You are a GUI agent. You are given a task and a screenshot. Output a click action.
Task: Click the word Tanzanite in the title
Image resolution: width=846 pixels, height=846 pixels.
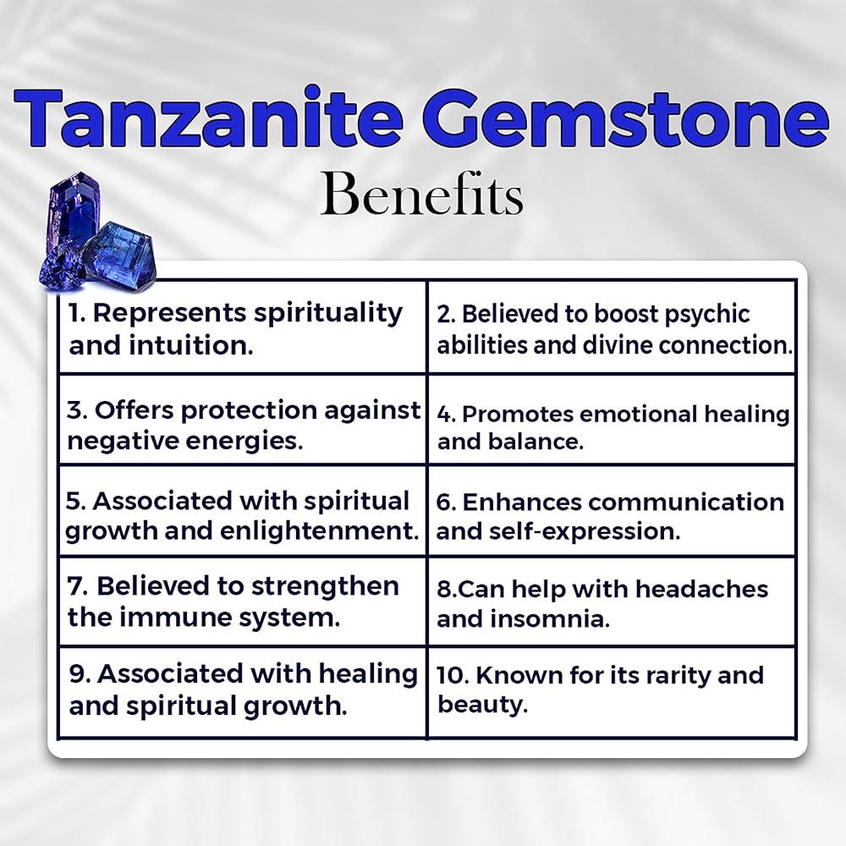[x=208, y=117]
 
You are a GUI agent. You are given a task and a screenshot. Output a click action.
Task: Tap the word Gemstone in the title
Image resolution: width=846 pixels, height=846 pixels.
[x=629, y=117]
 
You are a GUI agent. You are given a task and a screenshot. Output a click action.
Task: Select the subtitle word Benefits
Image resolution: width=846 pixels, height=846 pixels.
[x=421, y=195]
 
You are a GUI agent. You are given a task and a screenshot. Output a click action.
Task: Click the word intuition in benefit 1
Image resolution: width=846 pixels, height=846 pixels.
[x=190, y=346]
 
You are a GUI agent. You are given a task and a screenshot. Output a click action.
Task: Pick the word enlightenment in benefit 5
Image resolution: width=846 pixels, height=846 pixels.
[x=320, y=531]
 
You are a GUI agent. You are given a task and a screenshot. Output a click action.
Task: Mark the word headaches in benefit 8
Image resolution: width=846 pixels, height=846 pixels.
[x=700, y=589]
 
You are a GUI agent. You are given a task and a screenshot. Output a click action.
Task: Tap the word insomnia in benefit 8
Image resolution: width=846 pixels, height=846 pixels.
[x=550, y=619]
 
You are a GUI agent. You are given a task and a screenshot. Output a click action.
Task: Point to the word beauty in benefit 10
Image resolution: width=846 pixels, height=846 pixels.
[x=482, y=706]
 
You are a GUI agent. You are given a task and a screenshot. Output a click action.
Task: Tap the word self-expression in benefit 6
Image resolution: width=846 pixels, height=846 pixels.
[x=585, y=533]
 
